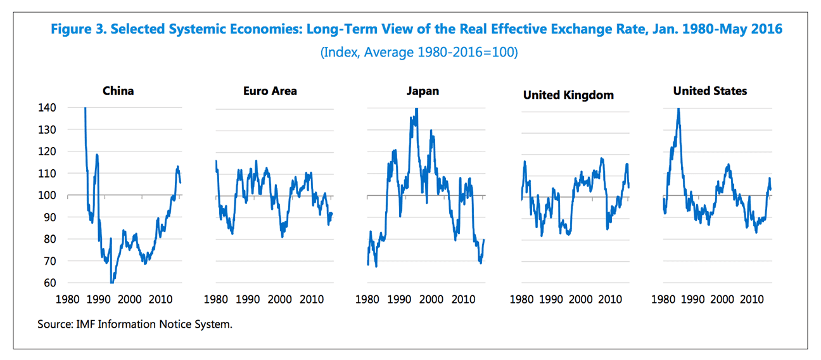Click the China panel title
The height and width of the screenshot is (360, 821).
118,91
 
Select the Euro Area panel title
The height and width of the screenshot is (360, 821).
270,91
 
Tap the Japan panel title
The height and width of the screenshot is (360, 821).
423,91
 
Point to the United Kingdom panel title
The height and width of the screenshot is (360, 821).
568,95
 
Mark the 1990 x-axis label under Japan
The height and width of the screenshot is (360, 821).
401,299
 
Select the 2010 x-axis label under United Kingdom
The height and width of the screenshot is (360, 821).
611,299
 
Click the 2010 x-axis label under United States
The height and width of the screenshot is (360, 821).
752,299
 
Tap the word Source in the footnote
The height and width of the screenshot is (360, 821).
54,325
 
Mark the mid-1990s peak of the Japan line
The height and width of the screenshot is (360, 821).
416,109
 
